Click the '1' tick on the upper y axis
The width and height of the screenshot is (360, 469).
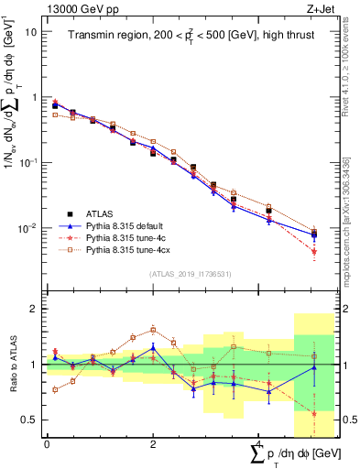[x=35, y=97]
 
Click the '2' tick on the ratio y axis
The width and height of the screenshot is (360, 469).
[x=35, y=309]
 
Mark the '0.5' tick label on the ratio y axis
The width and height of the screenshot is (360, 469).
[x=30, y=420]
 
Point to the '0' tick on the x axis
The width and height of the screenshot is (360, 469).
[x=47, y=443]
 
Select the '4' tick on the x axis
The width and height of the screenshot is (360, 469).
[x=258, y=443]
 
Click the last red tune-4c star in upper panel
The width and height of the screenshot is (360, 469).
[x=314, y=251]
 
